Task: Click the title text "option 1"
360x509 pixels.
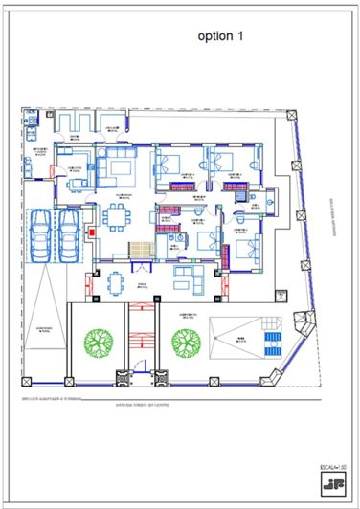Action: [x=221, y=35]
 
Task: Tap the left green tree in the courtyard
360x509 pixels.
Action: [x=97, y=341]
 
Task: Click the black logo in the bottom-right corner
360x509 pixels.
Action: [x=331, y=483]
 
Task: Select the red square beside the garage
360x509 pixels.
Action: [x=92, y=232]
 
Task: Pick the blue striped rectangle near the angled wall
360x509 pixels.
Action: [x=271, y=341]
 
